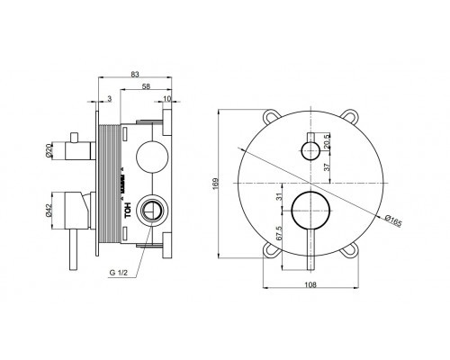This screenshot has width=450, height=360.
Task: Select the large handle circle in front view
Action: click(x=309, y=209)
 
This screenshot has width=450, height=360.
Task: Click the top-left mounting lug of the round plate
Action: click(x=273, y=116)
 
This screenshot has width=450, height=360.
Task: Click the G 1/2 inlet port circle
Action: click(x=153, y=209)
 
